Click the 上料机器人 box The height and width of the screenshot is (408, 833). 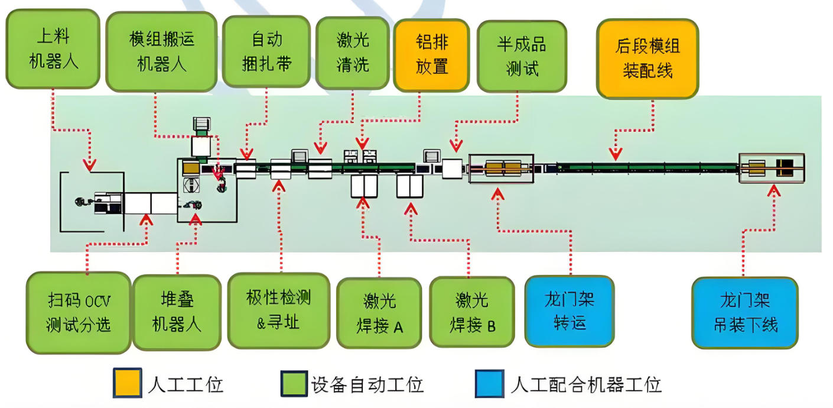53,48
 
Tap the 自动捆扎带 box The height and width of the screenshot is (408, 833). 266,51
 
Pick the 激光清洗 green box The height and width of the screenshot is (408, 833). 353,51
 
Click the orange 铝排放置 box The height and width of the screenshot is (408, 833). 431,54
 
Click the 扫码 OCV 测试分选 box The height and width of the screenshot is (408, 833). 79,312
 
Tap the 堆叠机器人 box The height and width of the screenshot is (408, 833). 177,312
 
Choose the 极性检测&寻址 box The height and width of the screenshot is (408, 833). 278,310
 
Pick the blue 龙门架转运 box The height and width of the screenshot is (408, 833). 570,311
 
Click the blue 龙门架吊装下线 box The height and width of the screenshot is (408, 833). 744,312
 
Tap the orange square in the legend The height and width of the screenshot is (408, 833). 127,384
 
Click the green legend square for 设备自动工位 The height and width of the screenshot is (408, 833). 294,384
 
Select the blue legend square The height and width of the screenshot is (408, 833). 490,384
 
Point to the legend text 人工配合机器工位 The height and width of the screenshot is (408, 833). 585,385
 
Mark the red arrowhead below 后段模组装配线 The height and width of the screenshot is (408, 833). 615,154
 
